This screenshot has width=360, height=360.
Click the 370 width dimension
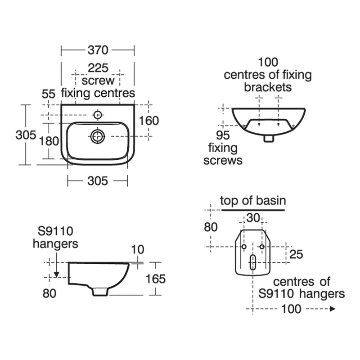pos(98,49)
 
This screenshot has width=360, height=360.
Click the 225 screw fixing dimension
pos(98,68)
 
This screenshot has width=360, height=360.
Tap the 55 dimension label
pos(48,94)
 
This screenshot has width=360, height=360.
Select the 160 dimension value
pos(149,121)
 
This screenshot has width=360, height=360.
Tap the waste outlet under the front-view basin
pos(269,139)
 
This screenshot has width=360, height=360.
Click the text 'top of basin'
pos(253,201)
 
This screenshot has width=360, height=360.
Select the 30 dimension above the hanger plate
pos(253,218)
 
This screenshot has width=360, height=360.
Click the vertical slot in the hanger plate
pos(253,262)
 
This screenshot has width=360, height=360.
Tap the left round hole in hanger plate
pos(244,247)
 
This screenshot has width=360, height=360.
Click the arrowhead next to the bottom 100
pos(333,309)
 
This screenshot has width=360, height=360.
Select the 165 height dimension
pos(156,279)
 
